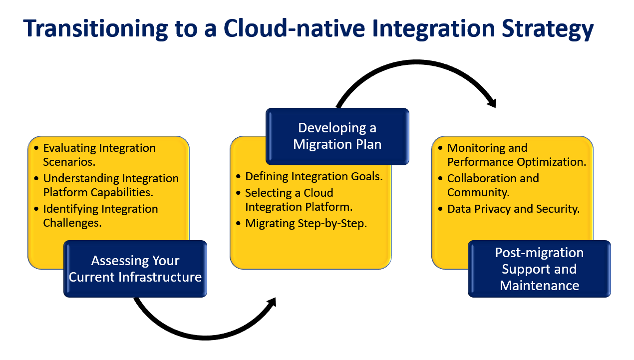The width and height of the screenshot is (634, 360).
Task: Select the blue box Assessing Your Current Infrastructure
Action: click(135, 269)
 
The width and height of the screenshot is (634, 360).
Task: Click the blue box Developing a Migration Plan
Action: click(337, 136)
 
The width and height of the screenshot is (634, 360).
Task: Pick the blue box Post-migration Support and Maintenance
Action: click(539, 269)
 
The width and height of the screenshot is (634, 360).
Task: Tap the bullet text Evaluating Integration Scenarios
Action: click(99, 155)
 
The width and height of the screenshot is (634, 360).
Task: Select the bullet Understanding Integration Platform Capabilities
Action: click(111, 185)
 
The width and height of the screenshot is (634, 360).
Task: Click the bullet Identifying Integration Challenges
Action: click(100, 216)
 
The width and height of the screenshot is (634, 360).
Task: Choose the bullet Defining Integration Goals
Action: click(314, 176)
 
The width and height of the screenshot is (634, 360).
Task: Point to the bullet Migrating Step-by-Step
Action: click(306, 223)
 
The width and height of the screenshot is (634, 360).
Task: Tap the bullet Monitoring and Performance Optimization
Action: click(516, 155)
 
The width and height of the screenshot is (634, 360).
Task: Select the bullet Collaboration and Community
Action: click(493, 185)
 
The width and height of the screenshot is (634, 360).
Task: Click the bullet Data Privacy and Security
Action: click(513, 209)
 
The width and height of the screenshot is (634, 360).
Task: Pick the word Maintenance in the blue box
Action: click(539, 286)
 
